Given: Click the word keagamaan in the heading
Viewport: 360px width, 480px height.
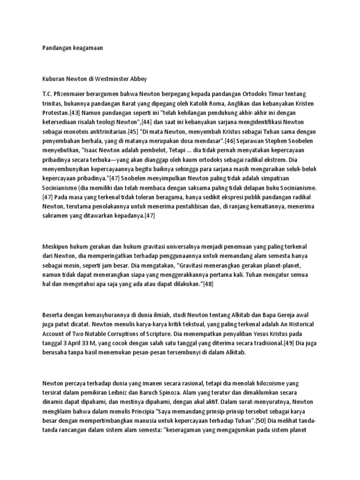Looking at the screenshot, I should [x=86, y=48].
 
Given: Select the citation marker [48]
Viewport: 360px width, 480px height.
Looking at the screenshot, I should [x=207, y=284].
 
